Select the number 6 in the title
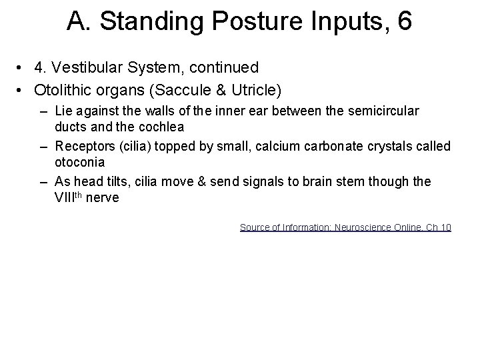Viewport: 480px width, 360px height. click(x=404, y=22)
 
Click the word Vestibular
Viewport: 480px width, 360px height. click(x=85, y=68)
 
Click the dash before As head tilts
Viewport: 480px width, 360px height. click(x=43, y=181)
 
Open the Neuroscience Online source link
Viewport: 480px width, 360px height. click(x=345, y=227)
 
